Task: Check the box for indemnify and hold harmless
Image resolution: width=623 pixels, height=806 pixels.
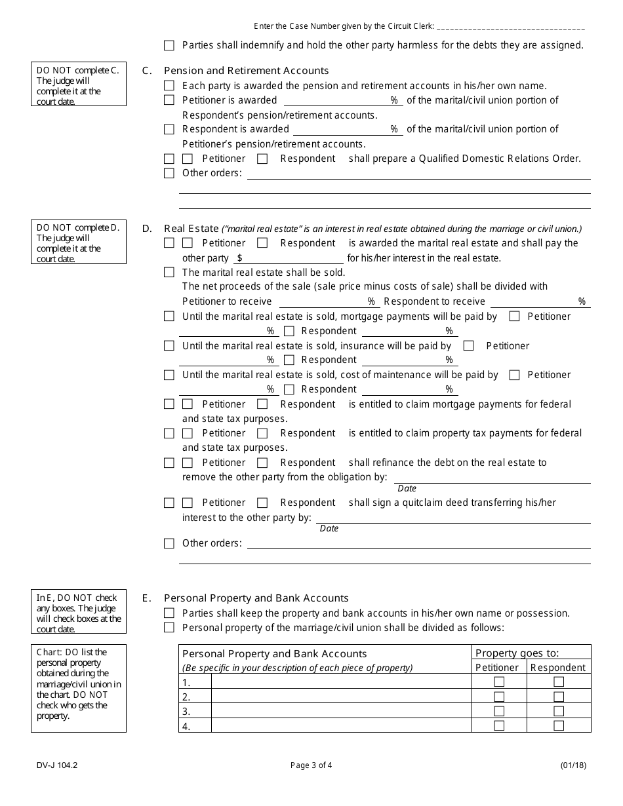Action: (169, 46)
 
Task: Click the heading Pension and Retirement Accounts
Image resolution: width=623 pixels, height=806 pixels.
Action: (246, 71)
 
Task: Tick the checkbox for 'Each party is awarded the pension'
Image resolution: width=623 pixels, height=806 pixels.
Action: (169, 86)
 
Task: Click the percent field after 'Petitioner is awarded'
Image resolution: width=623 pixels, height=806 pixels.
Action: (336, 100)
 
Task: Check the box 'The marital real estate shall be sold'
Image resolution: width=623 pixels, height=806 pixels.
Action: (169, 273)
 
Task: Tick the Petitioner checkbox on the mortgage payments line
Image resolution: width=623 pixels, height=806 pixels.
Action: (515, 317)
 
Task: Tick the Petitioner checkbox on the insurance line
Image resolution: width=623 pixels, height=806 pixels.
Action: (469, 346)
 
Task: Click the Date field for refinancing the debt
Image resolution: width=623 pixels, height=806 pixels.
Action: (492, 478)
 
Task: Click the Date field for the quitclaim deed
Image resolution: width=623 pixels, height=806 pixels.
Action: (452, 518)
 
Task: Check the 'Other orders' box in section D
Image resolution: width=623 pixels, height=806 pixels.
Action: (169, 543)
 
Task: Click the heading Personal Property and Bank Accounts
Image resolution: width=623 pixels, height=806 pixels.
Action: (256, 598)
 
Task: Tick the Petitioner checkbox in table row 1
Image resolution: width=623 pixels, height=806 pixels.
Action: (499, 682)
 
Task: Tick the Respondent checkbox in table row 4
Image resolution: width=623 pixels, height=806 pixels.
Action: (559, 725)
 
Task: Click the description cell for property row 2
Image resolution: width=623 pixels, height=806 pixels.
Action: (341, 697)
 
